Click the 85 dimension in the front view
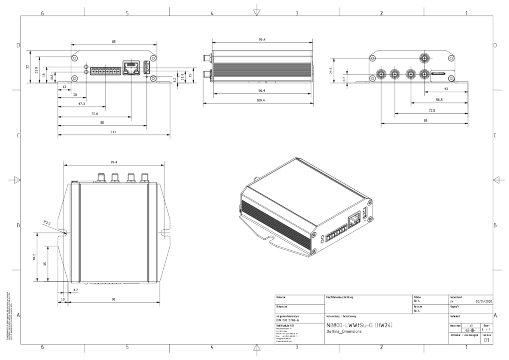pyautogui.click(x=114, y=42)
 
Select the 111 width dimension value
pyautogui.click(x=114, y=132)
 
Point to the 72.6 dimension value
pyautogui.click(x=95, y=114)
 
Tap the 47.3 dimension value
pyautogui.click(x=81, y=104)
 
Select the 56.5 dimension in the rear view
pyautogui.click(x=439, y=100)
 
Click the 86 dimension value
pyautogui.click(x=425, y=121)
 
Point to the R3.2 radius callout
pyautogui.click(x=47, y=222)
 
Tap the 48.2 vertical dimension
pyautogui.click(x=34, y=257)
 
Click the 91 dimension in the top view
pyautogui.click(x=113, y=300)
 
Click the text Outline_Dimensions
pyautogui.click(x=344, y=332)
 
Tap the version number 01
pyautogui.click(x=486, y=340)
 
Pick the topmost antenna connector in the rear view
pyautogui.click(x=423, y=58)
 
